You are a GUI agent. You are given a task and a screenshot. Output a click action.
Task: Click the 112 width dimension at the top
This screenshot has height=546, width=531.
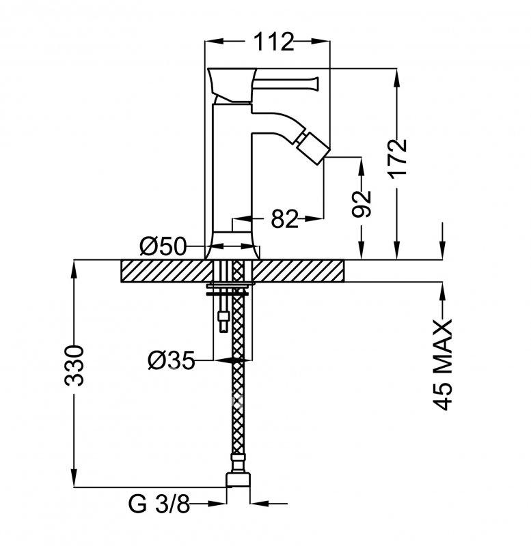point(273,42)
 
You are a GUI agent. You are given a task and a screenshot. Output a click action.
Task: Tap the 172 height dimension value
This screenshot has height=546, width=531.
point(398,159)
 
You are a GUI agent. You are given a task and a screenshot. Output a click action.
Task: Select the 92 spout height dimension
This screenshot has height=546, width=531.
point(361,203)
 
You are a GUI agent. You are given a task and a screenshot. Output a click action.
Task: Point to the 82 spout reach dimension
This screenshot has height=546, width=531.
point(284,219)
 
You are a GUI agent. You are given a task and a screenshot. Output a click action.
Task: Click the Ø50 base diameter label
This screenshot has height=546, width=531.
point(163,246)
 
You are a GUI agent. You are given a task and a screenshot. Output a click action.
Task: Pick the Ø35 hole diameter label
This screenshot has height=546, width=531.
point(171,360)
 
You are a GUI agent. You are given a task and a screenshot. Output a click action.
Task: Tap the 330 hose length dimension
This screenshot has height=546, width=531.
point(74,366)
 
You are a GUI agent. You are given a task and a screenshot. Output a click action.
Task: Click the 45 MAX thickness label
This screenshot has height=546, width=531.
point(442,364)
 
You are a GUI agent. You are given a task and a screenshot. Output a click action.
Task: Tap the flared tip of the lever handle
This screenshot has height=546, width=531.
point(316,83)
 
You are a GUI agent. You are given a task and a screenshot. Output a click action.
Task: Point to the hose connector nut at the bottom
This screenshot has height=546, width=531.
point(239,479)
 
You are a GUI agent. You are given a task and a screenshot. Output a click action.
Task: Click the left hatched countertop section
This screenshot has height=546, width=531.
point(167,271)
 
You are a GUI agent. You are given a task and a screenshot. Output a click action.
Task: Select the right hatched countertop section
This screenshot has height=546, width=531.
point(299,271)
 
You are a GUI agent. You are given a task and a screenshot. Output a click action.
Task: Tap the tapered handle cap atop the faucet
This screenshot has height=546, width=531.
point(232,85)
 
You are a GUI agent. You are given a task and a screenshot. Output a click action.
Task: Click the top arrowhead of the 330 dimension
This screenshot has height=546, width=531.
point(74,269)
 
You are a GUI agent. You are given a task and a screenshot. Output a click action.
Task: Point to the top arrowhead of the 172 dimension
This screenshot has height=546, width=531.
point(397,78)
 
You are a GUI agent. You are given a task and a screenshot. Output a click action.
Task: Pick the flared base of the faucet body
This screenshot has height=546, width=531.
point(232,246)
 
